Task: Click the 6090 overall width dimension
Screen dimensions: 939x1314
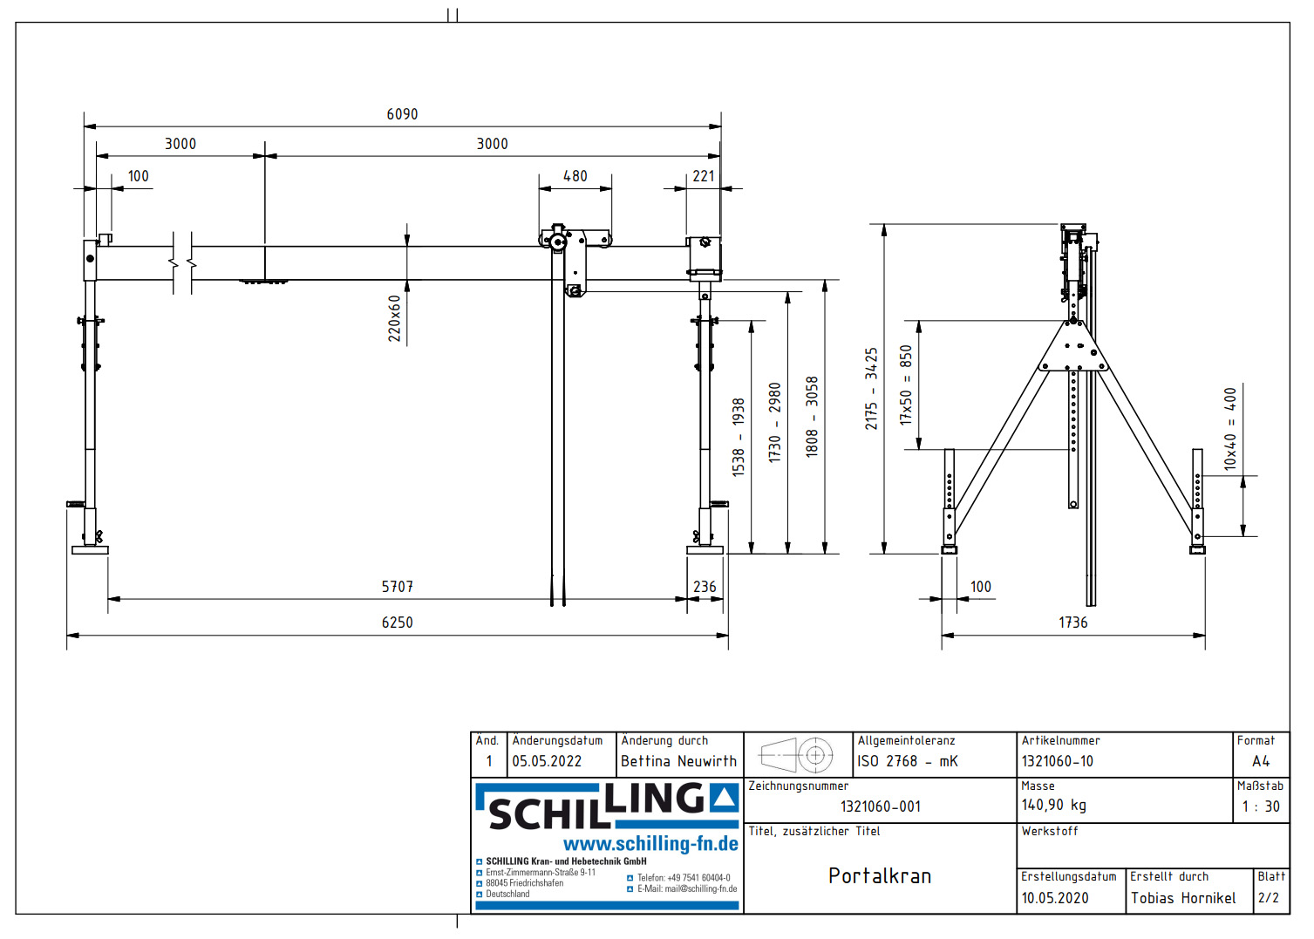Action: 402,114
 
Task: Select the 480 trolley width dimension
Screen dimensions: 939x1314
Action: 575,176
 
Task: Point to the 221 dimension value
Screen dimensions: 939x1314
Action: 704,176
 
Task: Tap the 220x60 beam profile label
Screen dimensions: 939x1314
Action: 395,317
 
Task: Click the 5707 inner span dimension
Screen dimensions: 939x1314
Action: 397,587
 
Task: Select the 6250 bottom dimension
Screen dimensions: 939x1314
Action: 397,623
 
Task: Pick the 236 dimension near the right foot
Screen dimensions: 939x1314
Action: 705,587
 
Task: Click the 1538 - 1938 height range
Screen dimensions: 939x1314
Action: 739,437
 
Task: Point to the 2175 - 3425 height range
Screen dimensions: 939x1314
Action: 871,389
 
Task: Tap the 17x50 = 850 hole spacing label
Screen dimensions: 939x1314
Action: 906,384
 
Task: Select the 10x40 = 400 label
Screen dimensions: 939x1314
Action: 1230,429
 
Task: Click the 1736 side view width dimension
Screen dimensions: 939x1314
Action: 1072,623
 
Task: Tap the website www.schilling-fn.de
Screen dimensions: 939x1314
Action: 650,844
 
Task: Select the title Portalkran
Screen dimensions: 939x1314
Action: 879,876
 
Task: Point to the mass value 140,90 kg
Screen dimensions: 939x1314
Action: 1053,806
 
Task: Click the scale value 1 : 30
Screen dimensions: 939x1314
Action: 1260,806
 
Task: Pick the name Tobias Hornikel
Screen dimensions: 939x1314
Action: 1182,898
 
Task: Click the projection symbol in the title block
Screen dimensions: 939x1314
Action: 797,755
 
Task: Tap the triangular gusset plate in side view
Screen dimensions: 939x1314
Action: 1073,349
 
